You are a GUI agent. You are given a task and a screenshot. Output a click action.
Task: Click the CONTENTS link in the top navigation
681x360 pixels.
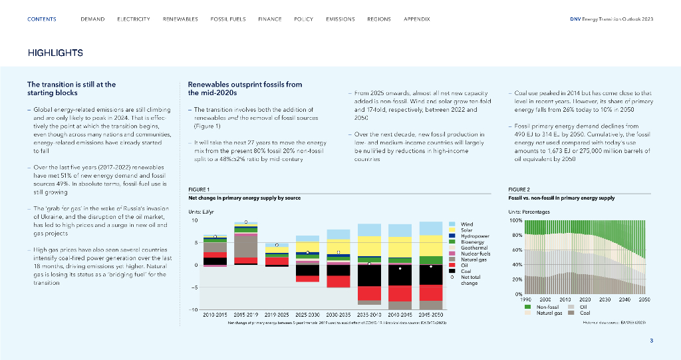tap(41, 19)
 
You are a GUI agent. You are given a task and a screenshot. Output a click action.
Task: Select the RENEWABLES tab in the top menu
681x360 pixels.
tap(180, 19)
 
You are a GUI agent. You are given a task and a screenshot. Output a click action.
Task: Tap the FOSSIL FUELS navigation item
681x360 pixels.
tap(228, 19)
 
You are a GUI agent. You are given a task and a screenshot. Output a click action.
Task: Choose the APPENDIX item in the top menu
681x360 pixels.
tap(417, 19)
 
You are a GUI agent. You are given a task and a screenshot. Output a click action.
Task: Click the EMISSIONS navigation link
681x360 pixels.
tap(340, 19)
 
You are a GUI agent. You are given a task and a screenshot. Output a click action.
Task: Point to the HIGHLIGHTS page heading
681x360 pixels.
tap(55, 53)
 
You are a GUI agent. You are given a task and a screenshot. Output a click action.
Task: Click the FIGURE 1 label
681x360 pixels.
tap(199, 189)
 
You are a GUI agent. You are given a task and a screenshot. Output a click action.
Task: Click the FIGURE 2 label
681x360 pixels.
tap(519, 189)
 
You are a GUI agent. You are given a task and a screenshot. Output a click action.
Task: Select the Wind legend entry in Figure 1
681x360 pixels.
tap(467, 224)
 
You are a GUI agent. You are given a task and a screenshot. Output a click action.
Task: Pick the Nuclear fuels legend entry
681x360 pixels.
tap(476, 254)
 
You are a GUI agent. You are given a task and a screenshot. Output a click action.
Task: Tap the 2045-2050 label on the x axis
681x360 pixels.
tap(430, 313)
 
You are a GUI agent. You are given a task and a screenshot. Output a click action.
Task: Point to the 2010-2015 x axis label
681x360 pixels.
tap(215, 313)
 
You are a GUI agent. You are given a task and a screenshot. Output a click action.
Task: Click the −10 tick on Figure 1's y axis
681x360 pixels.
tap(194, 309)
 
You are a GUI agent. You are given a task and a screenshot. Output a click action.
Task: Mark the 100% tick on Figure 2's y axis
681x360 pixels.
tap(515, 220)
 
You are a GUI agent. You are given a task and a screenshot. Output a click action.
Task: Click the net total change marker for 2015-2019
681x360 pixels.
tap(246, 222)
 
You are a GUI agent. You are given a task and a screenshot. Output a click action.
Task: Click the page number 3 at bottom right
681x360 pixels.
tap(652, 341)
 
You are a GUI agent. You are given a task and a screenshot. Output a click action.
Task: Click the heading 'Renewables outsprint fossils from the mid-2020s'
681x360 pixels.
tap(245, 89)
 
